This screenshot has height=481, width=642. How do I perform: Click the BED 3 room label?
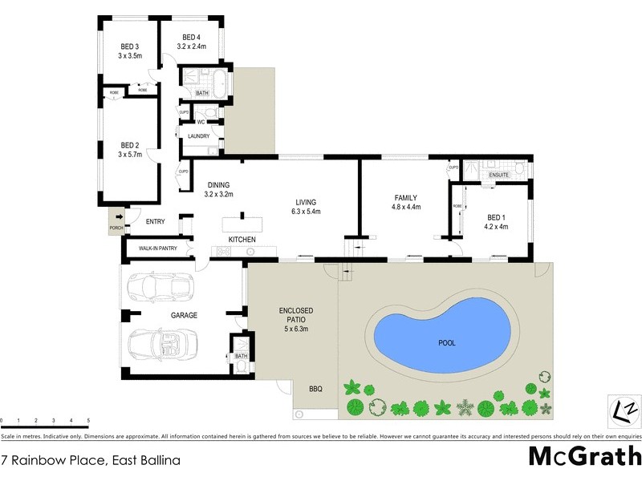click(130, 46)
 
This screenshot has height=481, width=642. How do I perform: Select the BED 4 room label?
click(191, 37)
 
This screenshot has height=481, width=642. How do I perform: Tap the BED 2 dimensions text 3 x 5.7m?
click(130, 155)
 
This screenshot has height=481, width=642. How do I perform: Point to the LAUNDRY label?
click(198, 136)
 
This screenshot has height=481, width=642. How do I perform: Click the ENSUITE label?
click(498, 174)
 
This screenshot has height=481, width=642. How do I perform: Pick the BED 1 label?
click(498, 216)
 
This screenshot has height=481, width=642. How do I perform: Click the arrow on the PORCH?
click(119, 216)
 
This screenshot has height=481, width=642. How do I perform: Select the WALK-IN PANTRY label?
click(157, 249)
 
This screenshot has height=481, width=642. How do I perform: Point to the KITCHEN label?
click(242, 240)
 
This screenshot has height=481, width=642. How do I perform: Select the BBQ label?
click(315, 389)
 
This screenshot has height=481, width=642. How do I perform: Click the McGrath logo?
click(584, 455)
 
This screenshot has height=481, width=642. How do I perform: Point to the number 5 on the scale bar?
click(88, 420)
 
